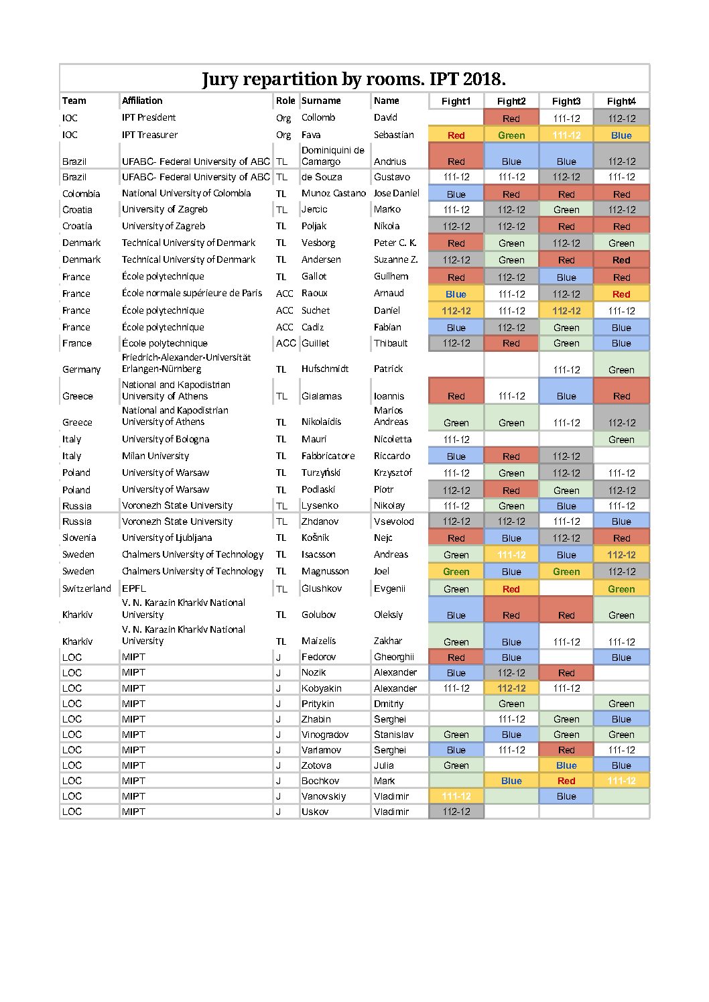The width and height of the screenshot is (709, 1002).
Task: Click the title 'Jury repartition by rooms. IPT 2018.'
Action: (x=354, y=79)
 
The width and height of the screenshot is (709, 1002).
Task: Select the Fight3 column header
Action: (x=566, y=101)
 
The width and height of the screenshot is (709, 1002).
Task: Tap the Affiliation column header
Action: (x=142, y=101)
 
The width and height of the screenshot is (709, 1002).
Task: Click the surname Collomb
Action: (x=318, y=117)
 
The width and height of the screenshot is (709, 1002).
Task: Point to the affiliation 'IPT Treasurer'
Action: (x=149, y=135)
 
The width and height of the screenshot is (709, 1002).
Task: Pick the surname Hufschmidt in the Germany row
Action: (x=325, y=369)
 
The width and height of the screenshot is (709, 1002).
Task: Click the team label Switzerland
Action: (x=86, y=588)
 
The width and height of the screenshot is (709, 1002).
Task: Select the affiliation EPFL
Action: (x=134, y=588)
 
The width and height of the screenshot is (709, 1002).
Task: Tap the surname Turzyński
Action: (x=321, y=473)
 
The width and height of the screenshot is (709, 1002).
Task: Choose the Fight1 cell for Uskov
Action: (x=456, y=812)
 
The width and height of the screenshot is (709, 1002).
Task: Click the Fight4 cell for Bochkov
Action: (x=621, y=781)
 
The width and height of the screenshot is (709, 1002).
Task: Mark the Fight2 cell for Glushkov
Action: (x=511, y=589)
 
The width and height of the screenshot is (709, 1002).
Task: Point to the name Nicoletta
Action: (x=393, y=439)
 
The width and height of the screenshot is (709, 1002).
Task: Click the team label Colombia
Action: (x=81, y=194)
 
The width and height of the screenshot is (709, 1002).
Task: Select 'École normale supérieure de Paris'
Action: (x=192, y=293)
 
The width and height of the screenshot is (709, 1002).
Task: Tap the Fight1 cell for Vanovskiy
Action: (x=456, y=796)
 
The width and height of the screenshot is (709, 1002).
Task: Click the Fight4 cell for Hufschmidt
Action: (x=621, y=369)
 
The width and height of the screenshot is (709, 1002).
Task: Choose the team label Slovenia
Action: (x=79, y=538)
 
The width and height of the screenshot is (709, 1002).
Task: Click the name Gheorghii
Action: (x=394, y=657)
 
